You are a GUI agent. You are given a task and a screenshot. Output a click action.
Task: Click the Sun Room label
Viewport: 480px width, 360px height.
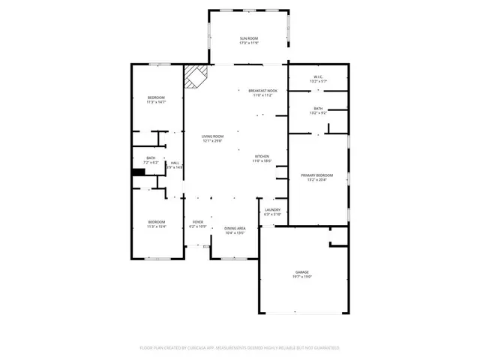249,38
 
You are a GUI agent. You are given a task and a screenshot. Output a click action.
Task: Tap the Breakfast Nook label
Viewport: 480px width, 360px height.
263,91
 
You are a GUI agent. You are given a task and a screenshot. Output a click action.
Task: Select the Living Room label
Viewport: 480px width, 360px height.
212,136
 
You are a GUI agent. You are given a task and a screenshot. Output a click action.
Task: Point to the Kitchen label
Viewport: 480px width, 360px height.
261,156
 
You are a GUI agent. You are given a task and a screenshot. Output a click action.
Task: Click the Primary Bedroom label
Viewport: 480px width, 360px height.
317,175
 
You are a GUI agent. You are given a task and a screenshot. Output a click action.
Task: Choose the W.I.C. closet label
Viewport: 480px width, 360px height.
319,77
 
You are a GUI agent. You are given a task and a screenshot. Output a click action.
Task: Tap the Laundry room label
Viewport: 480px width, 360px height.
273,210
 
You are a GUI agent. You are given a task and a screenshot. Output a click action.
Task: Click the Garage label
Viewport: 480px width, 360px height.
302,272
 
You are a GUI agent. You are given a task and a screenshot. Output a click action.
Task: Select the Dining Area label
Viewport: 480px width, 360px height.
235,228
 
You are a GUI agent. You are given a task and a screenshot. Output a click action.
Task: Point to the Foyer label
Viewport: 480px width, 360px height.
198,222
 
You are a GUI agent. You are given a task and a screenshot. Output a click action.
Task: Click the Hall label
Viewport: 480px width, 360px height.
175,163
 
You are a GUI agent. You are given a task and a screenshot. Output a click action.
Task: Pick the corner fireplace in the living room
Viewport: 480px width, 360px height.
196,76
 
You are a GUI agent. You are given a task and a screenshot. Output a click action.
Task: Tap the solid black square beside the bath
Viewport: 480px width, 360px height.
138,172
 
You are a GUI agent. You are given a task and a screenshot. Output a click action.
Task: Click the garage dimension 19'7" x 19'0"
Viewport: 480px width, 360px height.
302,277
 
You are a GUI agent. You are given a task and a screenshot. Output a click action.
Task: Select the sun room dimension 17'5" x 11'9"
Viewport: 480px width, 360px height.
249,43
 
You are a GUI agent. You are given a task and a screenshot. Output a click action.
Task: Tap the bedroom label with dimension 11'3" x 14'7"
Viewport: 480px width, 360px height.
156,98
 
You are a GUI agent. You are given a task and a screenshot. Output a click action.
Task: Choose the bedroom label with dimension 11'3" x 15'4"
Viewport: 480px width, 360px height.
156,222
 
